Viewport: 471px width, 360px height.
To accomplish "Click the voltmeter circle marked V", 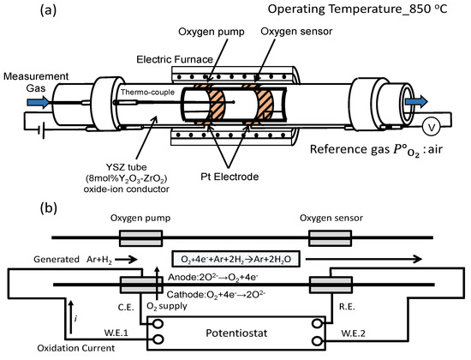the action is coord(431,127).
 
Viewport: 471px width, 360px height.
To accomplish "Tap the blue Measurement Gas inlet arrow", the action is coord(39,102).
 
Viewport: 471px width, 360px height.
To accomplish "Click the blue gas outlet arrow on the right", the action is coord(416,102).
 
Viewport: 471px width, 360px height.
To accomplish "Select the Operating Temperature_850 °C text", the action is coord(357,9).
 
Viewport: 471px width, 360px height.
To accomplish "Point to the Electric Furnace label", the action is coord(175,59).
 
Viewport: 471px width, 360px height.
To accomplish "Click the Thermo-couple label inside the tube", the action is coord(147,92).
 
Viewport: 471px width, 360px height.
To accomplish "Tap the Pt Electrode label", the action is coord(230,177).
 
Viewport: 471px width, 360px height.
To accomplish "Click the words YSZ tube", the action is coord(126,167).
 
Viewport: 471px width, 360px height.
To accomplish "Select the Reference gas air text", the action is coord(376,149).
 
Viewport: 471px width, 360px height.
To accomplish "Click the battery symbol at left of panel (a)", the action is coord(41,130).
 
